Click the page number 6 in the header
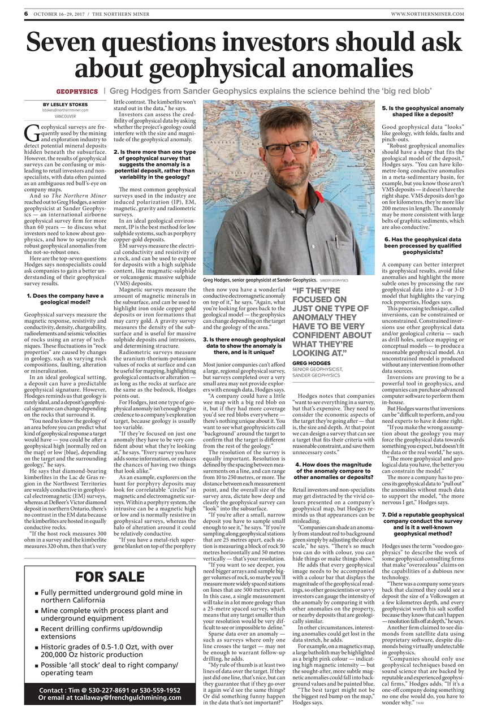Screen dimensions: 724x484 26,13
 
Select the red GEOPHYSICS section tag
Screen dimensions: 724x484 77,91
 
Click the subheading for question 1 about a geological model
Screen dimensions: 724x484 66,299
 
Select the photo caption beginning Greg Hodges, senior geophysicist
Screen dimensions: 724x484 260,280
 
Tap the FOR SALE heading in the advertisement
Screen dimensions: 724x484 110,577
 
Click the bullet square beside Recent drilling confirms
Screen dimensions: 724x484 36,629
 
